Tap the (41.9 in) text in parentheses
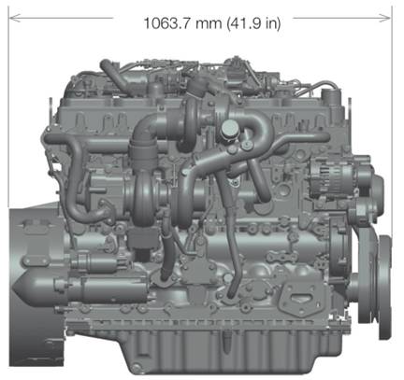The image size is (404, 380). click(x=254, y=23)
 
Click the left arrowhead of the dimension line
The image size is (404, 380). click(x=15, y=18)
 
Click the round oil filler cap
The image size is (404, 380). click(x=229, y=127)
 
